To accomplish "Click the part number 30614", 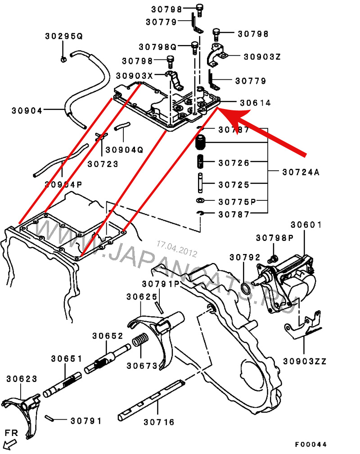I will click(x=255, y=103).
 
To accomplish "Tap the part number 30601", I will click(x=306, y=225).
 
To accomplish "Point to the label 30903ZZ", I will click(x=305, y=361).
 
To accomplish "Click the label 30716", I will click(x=159, y=422).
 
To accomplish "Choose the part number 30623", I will click(x=22, y=379).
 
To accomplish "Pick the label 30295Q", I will click(x=64, y=36).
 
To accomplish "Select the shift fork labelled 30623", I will click(x=22, y=408).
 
